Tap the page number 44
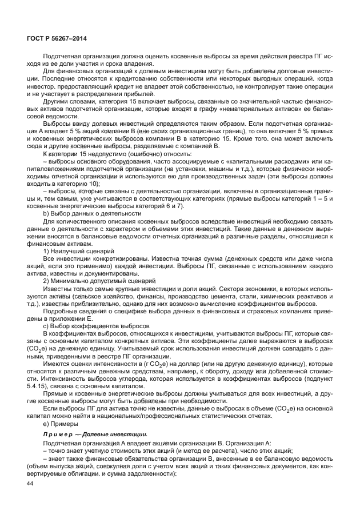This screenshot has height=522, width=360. coord(30,483)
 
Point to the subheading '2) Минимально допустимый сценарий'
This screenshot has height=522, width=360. coord(95,281)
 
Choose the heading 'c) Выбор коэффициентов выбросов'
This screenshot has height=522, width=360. coord(89,325)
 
